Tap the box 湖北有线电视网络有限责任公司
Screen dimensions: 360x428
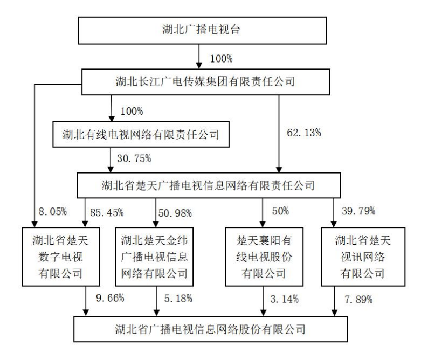coord(141,135)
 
